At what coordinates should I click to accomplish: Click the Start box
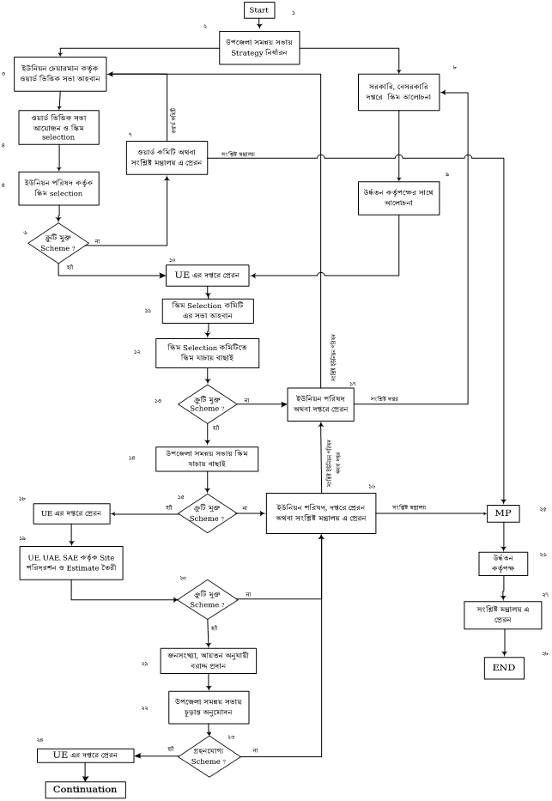point(259,9)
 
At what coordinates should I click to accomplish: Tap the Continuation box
point(85,789)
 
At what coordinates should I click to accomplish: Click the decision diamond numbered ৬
point(58,242)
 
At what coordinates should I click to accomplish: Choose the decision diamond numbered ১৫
point(209,513)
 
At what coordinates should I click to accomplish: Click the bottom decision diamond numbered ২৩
point(209,755)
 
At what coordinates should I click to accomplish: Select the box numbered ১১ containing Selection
point(209,311)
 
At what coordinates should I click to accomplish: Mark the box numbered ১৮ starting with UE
point(70,514)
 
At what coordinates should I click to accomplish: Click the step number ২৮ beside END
point(543,654)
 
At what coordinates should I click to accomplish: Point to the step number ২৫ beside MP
point(543,509)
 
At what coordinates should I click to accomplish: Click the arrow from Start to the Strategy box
point(259,25)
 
